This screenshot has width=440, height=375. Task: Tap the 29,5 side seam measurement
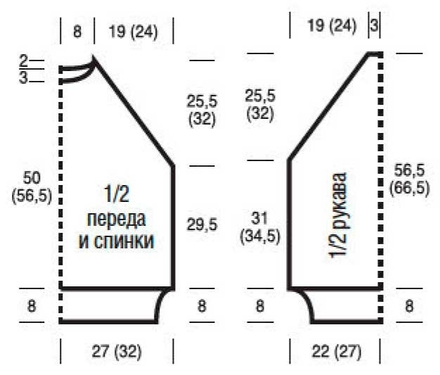pos(202,224)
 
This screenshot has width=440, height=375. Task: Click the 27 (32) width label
pos(117,351)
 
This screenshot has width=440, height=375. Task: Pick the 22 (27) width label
pos(337,351)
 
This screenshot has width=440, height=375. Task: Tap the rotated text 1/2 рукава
pos(337,215)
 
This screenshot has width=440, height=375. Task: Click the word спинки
pos(124,241)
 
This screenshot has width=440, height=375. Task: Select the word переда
pos(117,220)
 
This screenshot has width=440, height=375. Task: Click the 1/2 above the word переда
pos(117,193)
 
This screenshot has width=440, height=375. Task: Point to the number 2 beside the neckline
pos(24,61)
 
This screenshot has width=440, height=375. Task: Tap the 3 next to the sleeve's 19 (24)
pos(374,25)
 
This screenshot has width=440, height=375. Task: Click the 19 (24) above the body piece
pos(134,31)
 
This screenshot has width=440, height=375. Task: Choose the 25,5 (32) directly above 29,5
pos(202,110)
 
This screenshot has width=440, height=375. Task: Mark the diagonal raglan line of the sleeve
pos(329,107)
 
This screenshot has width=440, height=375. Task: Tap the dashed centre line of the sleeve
pos(380,188)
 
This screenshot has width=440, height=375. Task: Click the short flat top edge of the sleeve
pos(375,53)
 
